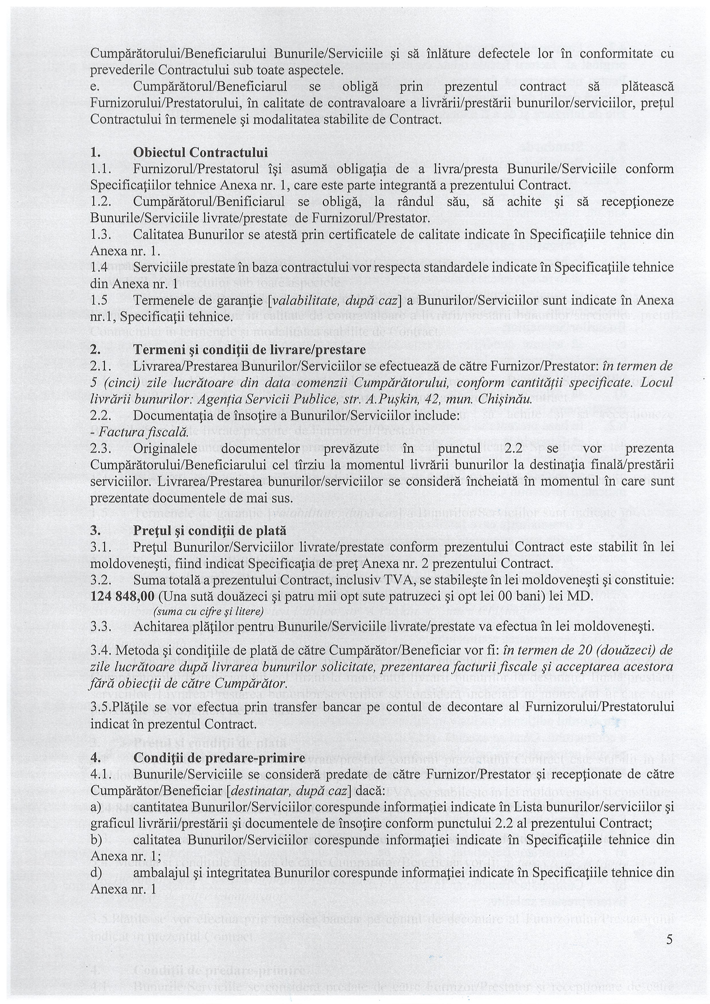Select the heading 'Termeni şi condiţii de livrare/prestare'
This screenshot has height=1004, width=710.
[x=249, y=350]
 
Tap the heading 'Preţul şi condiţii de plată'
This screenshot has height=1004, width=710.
[x=210, y=530]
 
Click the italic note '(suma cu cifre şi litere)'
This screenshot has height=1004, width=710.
[x=208, y=611]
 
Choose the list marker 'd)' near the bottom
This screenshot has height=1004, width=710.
[x=96, y=861]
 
